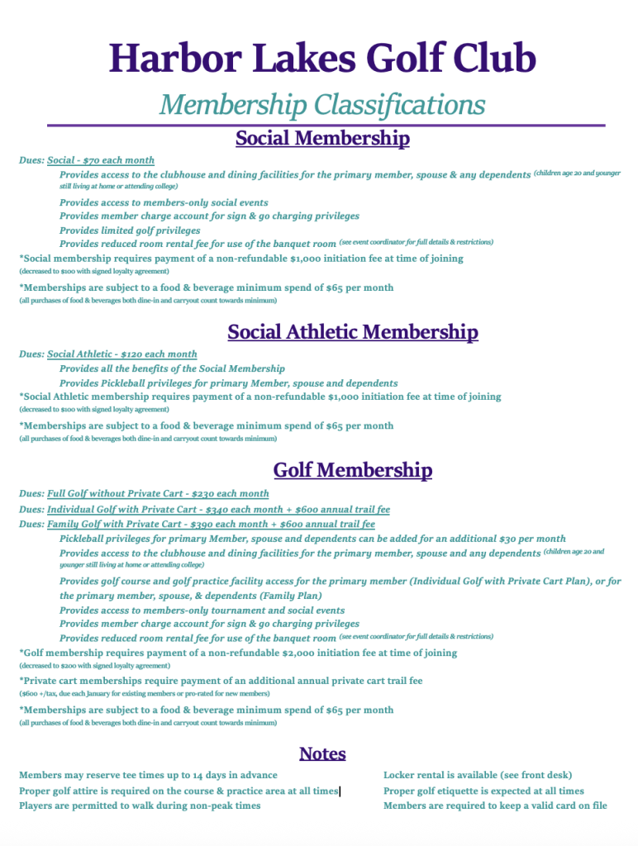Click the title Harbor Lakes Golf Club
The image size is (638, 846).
tap(322, 59)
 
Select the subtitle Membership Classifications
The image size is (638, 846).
tap(322, 105)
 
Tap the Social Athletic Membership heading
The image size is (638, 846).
tap(353, 332)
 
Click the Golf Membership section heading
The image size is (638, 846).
tap(353, 470)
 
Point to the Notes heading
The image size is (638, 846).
tap(322, 753)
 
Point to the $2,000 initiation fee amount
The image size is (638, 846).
tap(312, 653)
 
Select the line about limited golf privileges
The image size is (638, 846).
tap(130, 231)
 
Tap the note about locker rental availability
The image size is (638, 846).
tap(477, 775)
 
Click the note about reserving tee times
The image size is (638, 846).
tap(148, 775)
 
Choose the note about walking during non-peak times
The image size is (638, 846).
tap(140, 806)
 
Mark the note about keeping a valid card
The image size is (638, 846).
tap(495, 806)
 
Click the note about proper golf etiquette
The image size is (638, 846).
tap(483, 791)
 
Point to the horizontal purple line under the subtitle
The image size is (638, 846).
tap(326, 126)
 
